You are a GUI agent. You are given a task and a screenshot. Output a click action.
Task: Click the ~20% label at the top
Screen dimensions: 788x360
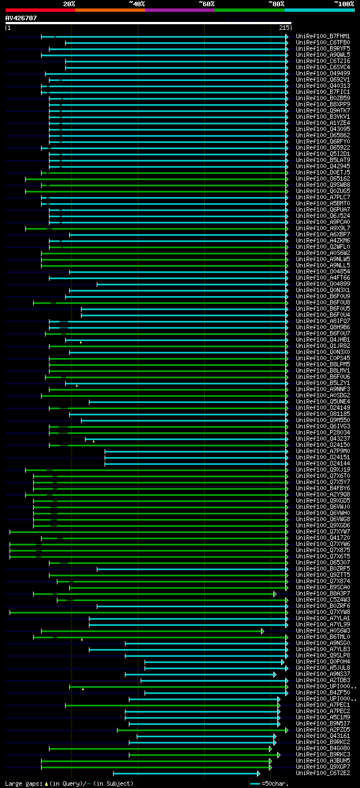[69, 3]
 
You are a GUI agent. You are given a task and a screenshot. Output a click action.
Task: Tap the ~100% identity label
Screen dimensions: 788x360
[344, 3]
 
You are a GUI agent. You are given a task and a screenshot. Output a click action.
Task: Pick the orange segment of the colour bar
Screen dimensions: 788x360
[110, 10]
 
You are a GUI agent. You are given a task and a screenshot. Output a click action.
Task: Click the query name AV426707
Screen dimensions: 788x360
[21, 18]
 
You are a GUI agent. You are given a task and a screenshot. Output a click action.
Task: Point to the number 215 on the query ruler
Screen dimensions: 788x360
[284, 28]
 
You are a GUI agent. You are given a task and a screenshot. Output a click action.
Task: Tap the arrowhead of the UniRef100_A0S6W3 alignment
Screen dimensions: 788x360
[262, 631]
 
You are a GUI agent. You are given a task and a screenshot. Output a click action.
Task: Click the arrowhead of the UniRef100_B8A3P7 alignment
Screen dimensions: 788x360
[274, 594]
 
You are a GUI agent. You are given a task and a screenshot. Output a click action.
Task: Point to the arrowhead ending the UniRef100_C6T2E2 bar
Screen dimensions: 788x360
[258, 773]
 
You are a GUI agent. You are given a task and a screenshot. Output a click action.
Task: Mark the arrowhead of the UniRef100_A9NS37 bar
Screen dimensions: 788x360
[274, 674]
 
